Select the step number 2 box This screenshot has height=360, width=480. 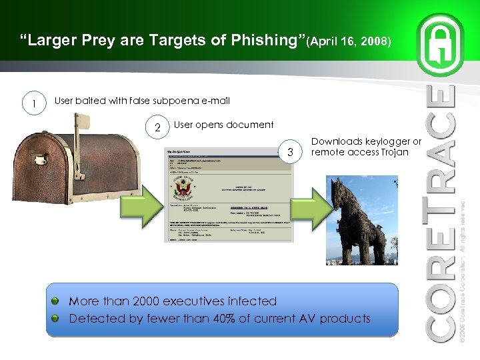point(157,127)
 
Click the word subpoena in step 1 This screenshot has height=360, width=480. point(174,101)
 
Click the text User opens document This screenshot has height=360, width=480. point(223,125)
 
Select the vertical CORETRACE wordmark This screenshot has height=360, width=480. point(441,213)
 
